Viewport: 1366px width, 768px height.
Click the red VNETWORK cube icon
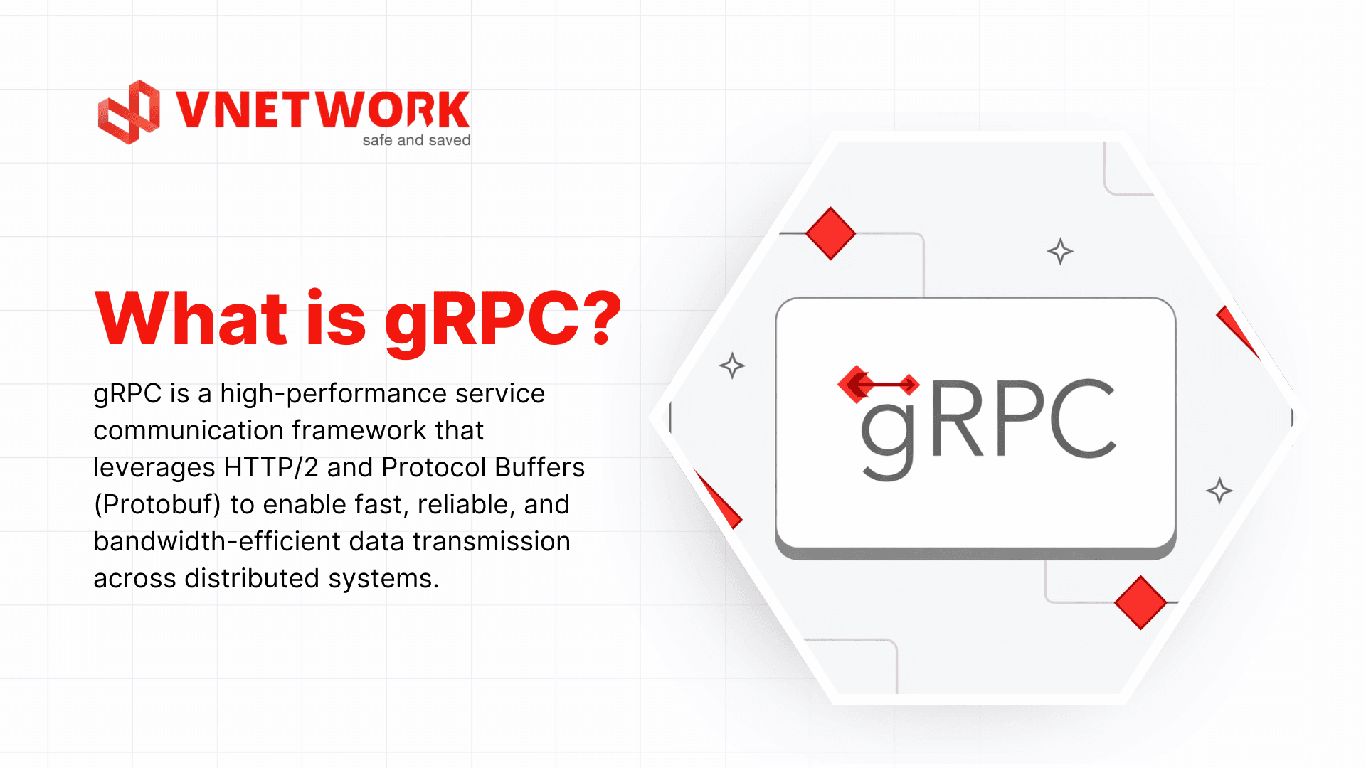(129, 112)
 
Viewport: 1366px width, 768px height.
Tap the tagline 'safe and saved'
(416, 140)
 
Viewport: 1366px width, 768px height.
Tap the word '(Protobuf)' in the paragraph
(158, 505)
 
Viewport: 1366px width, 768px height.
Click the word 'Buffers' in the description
(540, 467)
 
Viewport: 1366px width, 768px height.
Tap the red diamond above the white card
(830, 233)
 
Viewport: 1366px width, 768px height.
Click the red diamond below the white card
(1140, 602)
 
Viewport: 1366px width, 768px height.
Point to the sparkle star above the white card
(1060, 251)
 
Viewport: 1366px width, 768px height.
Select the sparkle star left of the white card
(731, 366)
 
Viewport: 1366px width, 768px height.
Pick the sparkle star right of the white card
(1219, 491)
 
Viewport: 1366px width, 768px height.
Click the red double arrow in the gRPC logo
(879, 385)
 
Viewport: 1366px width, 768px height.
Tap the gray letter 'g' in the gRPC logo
(888, 434)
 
